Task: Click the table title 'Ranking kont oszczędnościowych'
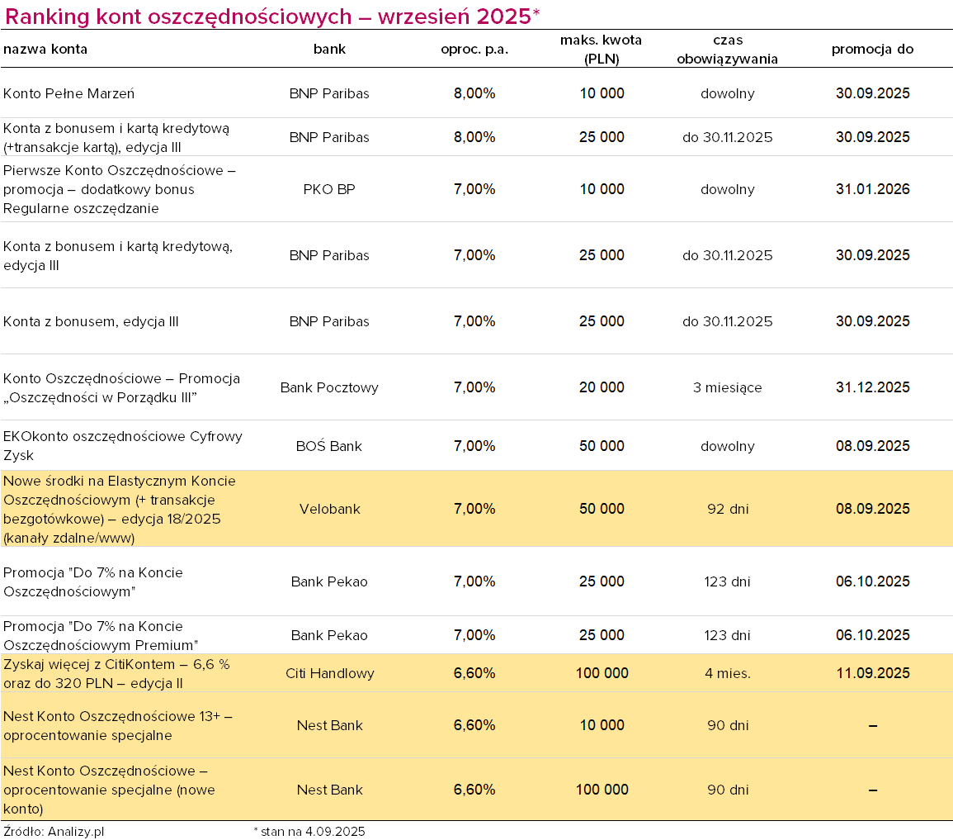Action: click(178, 17)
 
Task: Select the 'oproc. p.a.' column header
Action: click(474, 50)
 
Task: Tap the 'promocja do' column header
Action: click(872, 50)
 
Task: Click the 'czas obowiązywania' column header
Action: click(728, 50)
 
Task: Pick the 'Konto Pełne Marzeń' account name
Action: click(68, 93)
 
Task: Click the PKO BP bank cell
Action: click(329, 189)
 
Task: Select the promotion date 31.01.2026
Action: click(873, 189)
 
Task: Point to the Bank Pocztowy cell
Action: click(329, 387)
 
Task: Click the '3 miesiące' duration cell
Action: click(728, 387)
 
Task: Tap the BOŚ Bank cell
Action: click(329, 446)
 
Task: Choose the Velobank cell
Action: click(329, 509)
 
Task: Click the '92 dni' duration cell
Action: click(728, 509)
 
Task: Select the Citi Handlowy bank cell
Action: click(329, 673)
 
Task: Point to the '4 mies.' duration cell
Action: click(728, 673)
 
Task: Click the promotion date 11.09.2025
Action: click(873, 673)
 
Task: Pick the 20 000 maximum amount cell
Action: click(602, 387)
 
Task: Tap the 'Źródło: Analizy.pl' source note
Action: click(54, 832)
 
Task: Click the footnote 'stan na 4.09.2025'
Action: click(313, 832)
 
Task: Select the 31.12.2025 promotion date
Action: click(873, 387)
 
